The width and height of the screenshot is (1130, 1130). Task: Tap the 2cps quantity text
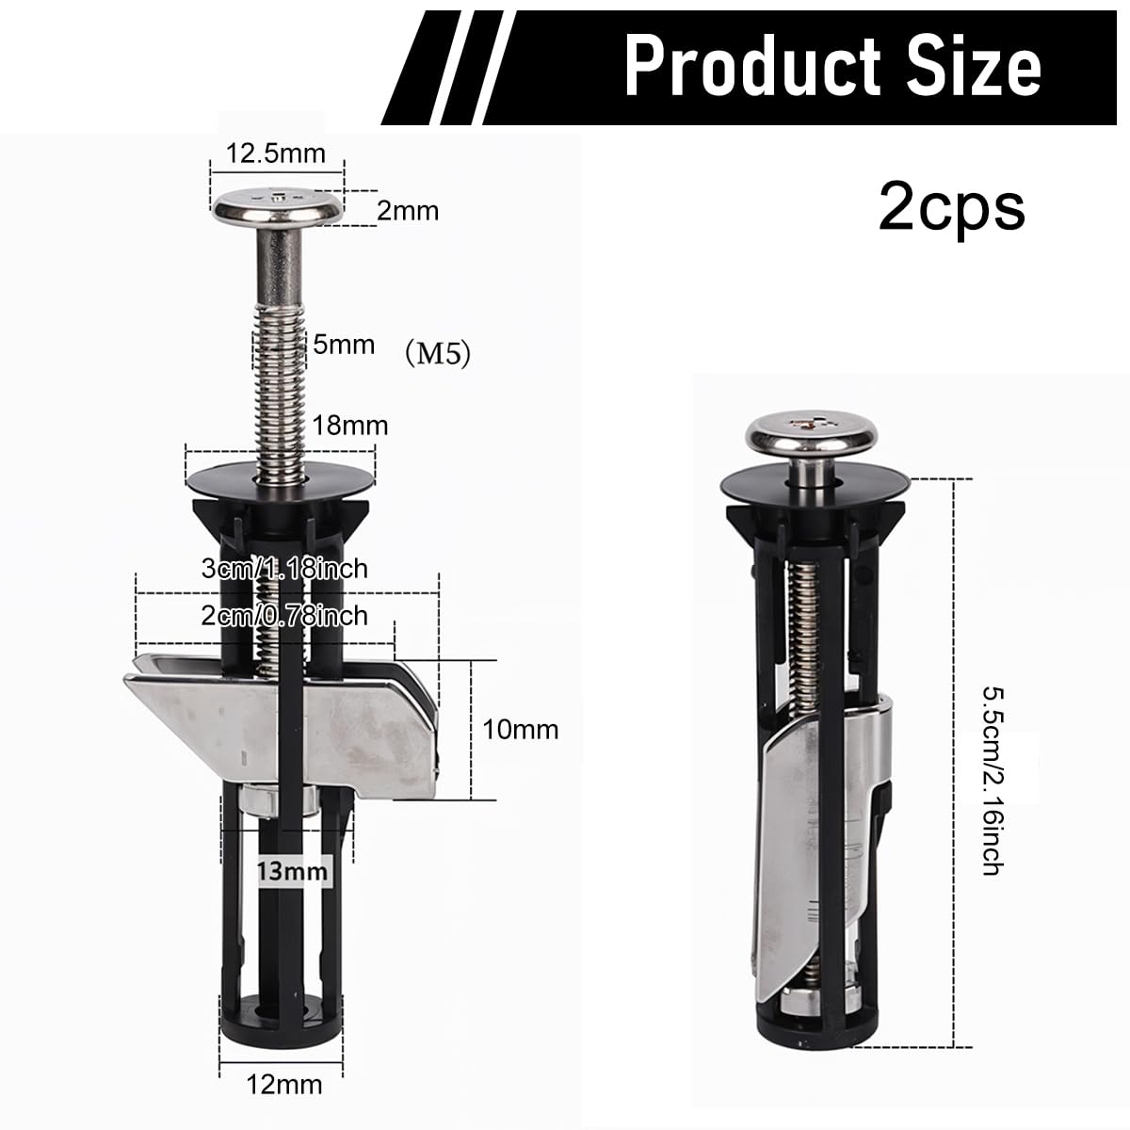click(x=951, y=206)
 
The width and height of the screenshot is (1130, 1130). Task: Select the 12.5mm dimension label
click(x=276, y=153)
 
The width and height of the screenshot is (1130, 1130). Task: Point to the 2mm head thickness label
click(x=408, y=210)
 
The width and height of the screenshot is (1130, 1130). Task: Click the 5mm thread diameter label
click(x=344, y=345)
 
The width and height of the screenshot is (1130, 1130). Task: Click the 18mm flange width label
click(x=351, y=426)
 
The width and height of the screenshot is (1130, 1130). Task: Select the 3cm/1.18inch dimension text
click(x=284, y=569)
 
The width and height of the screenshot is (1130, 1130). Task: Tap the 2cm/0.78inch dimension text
click(x=284, y=615)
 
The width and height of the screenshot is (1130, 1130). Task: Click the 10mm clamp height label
click(x=521, y=729)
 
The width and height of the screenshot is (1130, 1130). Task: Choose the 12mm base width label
click(x=285, y=1086)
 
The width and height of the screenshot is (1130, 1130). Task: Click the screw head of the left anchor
click(x=277, y=205)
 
